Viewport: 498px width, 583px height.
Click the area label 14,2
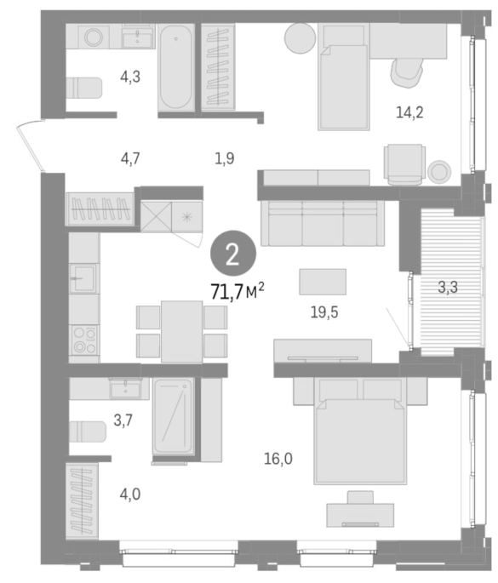(409, 111)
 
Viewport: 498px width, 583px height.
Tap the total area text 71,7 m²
(238, 291)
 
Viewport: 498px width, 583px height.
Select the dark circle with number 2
(233, 254)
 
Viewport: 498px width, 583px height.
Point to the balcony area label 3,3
(448, 287)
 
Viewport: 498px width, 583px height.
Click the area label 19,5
(324, 312)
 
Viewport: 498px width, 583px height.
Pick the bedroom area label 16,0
(278, 459)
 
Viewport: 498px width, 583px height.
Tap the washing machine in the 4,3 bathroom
(94, 37)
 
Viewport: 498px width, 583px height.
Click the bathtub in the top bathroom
(176, 67)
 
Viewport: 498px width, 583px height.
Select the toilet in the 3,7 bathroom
(88, 432)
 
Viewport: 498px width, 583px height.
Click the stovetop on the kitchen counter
(84, 340)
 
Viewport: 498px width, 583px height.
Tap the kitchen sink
(84, 278)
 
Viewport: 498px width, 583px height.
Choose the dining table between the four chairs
(182, 332)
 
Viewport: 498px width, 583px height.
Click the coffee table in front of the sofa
(323, 282)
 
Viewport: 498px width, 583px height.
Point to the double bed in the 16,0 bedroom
(359, 432)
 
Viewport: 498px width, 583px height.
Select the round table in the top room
(301, 38)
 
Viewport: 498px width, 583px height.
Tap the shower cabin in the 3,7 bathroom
(174, 416)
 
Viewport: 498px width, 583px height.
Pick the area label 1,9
(224, 159)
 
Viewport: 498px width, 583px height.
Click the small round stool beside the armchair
(439, 172)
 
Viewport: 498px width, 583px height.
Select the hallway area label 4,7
(130, 159)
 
